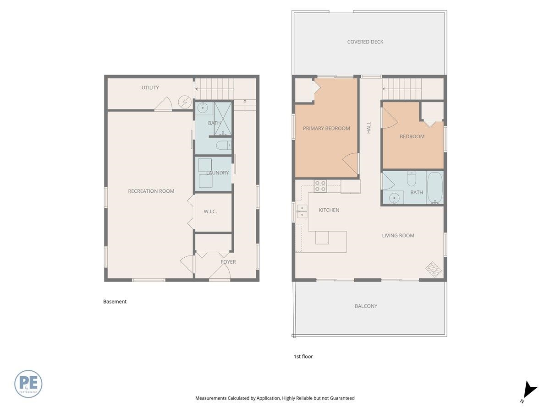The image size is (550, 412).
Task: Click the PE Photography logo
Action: click(x=28, y=384)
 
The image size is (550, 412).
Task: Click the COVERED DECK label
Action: click(x=365, y=42)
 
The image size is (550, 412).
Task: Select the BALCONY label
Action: click(x=366, y=306)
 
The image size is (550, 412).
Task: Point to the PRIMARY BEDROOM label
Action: click(x=326, y=128)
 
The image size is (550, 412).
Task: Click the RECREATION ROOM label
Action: click(x=151, y=191)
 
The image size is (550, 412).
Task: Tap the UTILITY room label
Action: click(x=150, y=87)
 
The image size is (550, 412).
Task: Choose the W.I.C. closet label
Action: click(x=210, y=211)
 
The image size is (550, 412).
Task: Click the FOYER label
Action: click(x=228, y=262)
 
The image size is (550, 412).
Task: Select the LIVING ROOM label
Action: click(x=398, y=235)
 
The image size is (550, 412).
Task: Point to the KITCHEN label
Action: click(x=329, y=210)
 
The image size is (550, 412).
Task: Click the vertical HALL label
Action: click(x=368, y=128)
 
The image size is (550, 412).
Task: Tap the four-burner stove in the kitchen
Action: click(x=320, y=186)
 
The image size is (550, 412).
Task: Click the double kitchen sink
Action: click(x=302, y=211)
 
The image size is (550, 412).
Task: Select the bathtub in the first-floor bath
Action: click(x=435, y=188)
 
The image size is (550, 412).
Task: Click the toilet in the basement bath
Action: click(x=224, y=145)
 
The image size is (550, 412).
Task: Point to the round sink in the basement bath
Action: click(x=202, y=108)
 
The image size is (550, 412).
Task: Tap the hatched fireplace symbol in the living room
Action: click(x=434, y=270)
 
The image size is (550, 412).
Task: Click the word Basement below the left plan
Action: click(x=115, y=301)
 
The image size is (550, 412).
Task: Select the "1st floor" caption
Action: click(x=303, y=357)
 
